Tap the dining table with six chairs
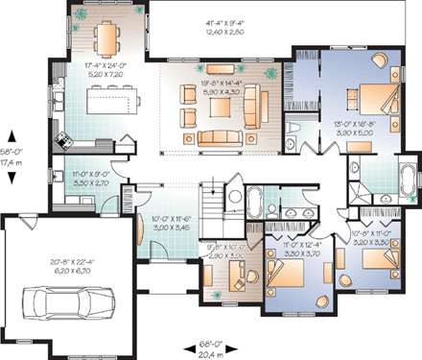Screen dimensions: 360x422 (105, 37)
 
